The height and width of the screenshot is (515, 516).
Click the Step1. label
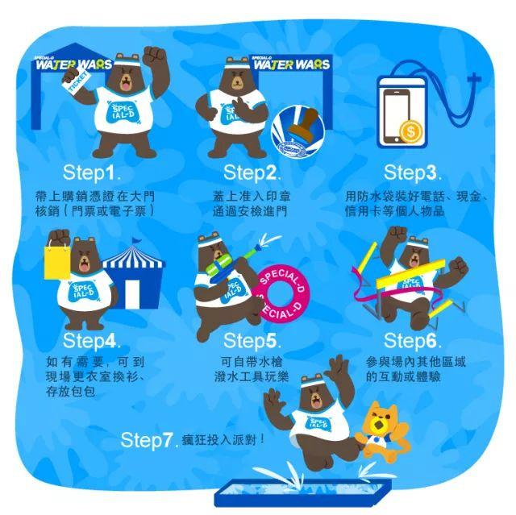pos(91,173)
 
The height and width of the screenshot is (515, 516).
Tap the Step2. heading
pos(252,173)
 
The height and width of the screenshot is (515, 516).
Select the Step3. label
pos(412,173)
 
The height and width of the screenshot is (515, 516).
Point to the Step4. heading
pos(91,341)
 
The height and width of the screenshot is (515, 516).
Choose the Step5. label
pos(252,341)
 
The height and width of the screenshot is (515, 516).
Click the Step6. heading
pos(412,341)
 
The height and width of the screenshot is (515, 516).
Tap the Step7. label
pos(149,440)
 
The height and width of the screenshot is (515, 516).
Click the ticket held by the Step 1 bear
pos(77,83)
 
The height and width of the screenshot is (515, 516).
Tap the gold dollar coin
pos(410,131)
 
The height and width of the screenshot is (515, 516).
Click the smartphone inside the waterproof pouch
pos(396,116)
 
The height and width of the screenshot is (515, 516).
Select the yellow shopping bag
pos(57,262)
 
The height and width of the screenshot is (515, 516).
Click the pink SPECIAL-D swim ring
pos(282,293)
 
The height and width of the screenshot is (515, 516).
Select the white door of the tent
pos(132,293)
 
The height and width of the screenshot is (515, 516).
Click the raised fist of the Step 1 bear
pos(156,56)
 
